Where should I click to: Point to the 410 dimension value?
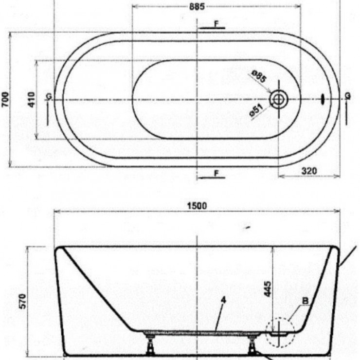31,100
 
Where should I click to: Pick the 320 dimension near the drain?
309,171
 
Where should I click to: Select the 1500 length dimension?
197,206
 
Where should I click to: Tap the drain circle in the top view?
279,99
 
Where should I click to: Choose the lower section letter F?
216,173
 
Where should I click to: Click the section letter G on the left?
48,96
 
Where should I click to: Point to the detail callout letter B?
305,302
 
